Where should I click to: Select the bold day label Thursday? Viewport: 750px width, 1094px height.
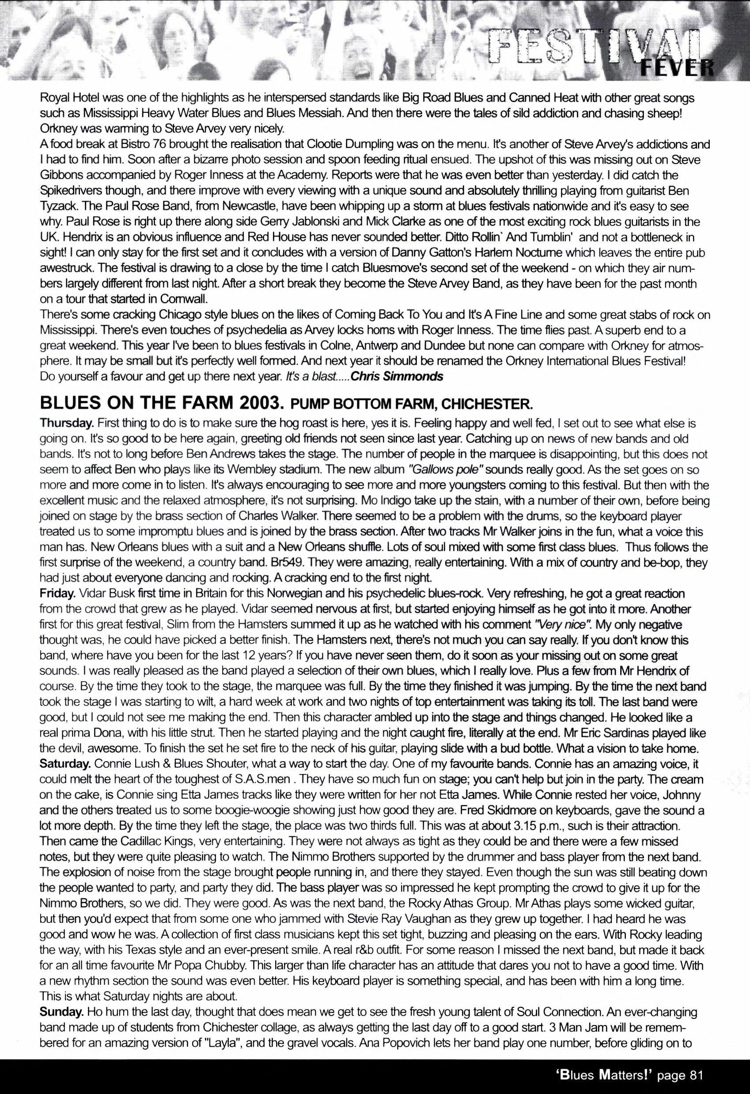click(x=66, y=423)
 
